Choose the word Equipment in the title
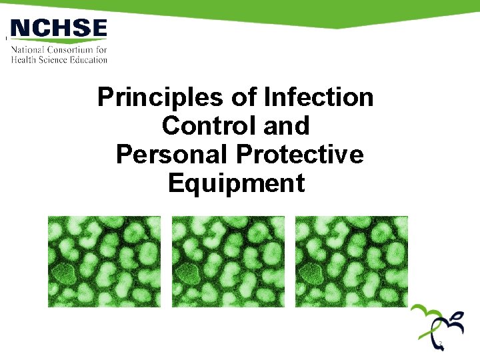click(x=236, y=183)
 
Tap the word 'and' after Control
click(x=287, y=126)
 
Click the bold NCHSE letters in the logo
click(x=59, y=29)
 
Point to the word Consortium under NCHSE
click(x=69, y=50)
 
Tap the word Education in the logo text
click(x=85, y=59)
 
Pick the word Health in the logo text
click(x=23, y=59)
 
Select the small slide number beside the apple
click(x=441, y=344)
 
